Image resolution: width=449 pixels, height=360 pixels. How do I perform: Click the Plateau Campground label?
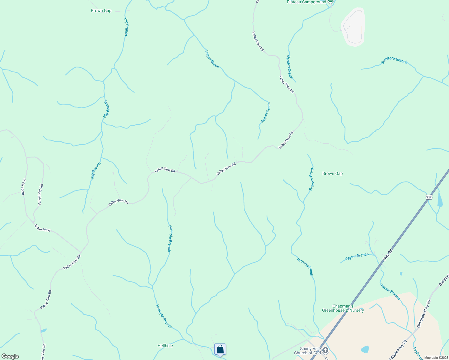click(306, 2)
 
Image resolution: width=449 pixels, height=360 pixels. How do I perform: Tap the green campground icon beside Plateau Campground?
click(330, 1)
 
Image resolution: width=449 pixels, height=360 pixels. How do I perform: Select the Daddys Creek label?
click(289, 67)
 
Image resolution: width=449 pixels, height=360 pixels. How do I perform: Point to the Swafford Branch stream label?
click(394, 60)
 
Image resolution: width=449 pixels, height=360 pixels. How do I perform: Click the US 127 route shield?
click(429, 197)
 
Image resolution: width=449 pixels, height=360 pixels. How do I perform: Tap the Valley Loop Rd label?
click(41, 194)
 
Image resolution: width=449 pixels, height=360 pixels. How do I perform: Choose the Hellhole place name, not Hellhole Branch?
click(165, 346)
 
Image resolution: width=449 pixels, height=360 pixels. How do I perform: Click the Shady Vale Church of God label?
click(307, 351)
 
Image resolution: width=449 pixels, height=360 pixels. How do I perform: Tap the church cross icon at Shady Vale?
click(325, 350)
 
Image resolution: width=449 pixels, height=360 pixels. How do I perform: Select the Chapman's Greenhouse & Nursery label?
click(343, 308)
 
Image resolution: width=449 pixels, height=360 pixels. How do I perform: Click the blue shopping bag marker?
click(220, 349)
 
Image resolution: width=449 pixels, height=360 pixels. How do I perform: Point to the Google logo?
click(10, 356)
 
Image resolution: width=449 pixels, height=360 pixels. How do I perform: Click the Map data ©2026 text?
click(436, 358)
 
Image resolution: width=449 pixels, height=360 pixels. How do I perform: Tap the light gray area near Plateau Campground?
click(353, 27)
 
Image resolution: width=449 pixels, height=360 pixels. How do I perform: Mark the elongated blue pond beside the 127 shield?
click(440, 199)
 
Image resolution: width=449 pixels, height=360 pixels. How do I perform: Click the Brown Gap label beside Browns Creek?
click(332, 173)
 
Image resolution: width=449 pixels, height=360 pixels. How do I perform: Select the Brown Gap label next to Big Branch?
click(101, 10)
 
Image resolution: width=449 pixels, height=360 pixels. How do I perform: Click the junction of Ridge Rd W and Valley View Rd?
click(80, 253)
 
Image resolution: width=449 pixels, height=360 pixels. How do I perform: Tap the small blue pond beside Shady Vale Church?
click(365, 349)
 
